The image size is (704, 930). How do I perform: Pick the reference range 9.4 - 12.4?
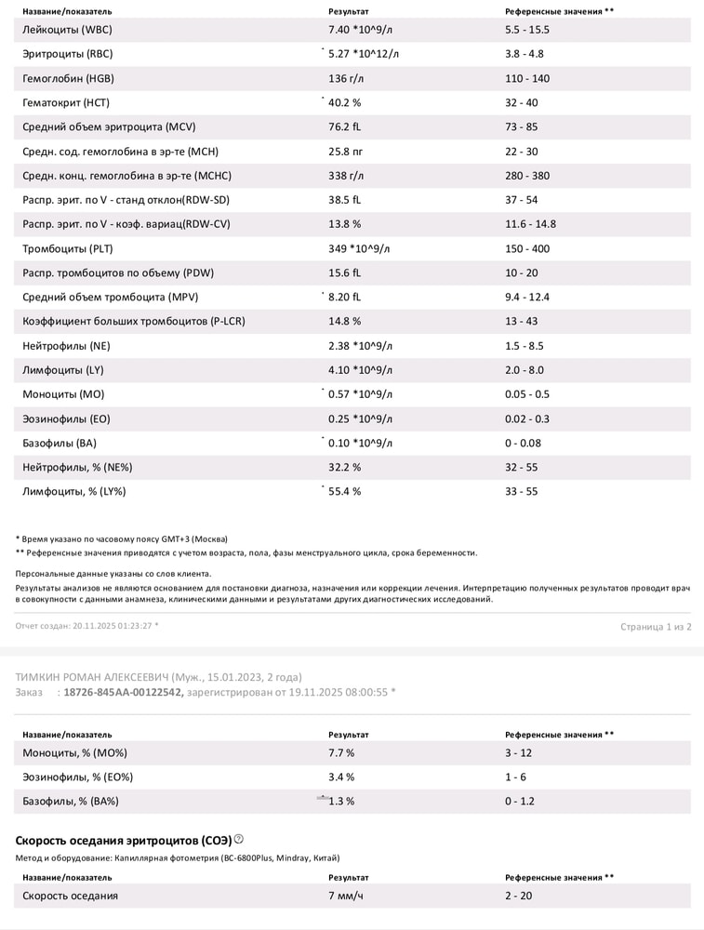(x=527, y=297)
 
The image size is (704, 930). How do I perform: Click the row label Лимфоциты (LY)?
(x=63, y=369)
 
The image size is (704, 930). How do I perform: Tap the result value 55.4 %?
(x=344, y=491)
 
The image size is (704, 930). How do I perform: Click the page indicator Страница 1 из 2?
(x=656, y=627)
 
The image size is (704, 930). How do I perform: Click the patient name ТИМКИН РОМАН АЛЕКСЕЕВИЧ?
(x=93, y=677)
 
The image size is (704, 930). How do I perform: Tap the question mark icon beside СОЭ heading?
(x=239, y=839)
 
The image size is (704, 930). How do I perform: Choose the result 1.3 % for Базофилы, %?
(x=344, y=801)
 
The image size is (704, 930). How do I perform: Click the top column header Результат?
(x=349, y=11)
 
